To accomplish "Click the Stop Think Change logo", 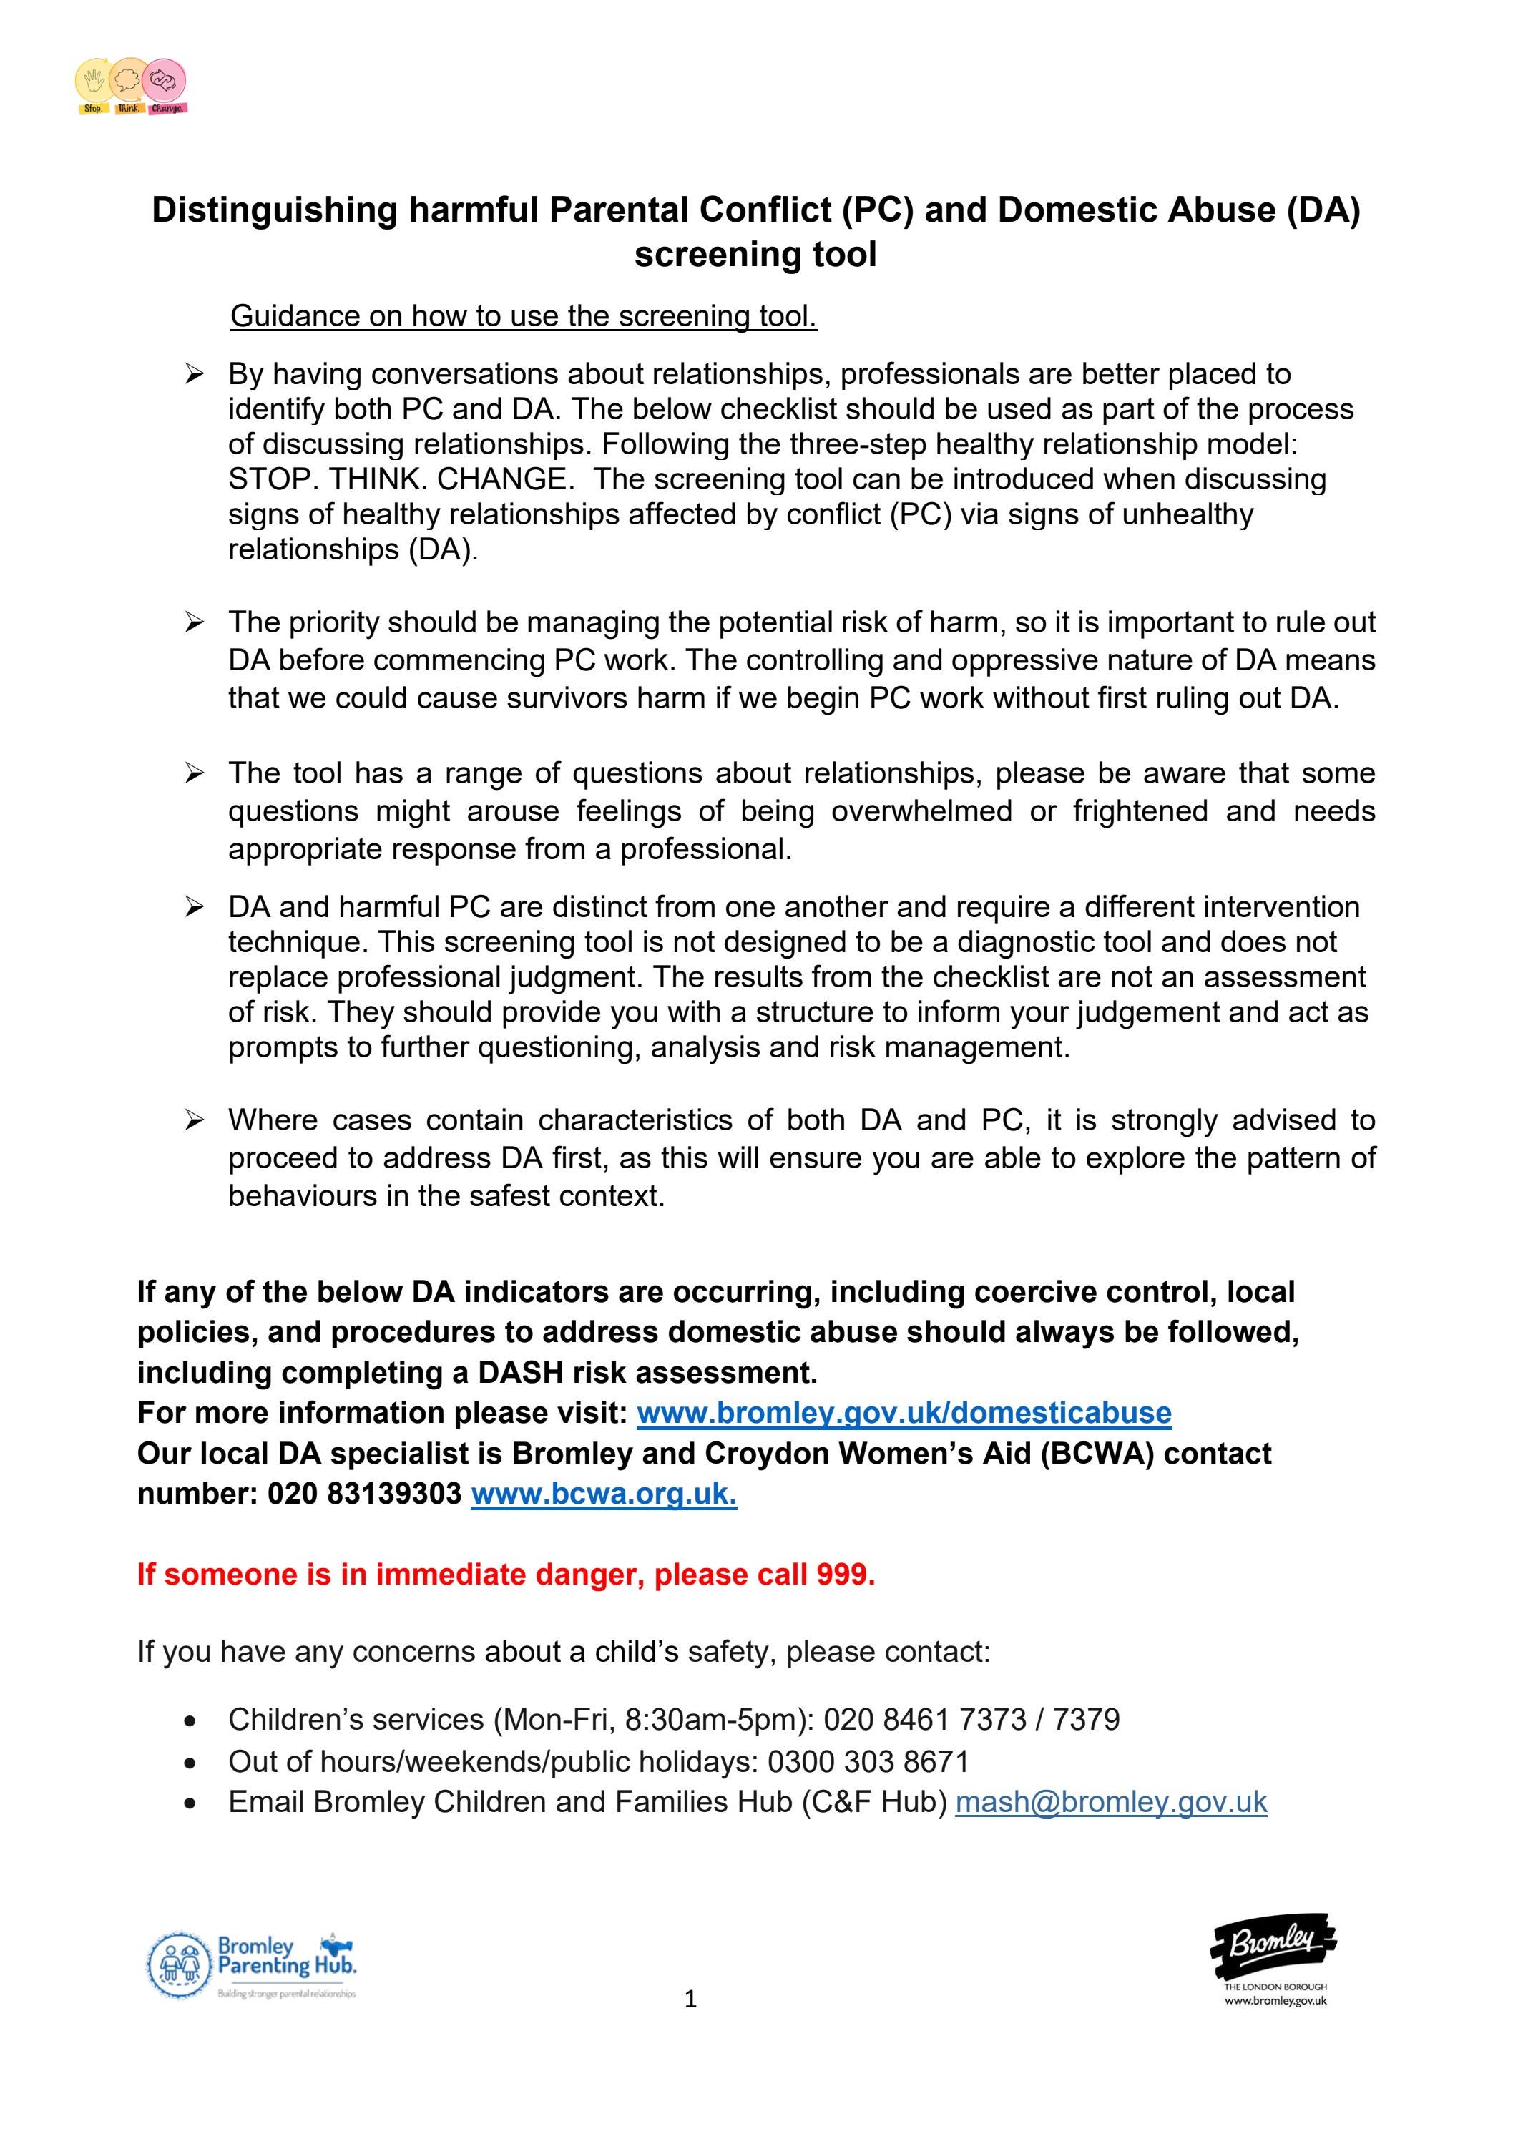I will (132, 87).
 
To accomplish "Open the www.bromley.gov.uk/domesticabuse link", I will (903, 1412).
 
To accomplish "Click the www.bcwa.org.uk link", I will (603, 1494).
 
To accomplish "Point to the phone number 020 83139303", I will (363, 1494).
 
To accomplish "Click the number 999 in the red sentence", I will (843, 1575).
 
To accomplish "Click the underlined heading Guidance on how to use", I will (524, 315).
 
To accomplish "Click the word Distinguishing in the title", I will (275, 210).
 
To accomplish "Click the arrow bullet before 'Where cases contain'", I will (194, 1120).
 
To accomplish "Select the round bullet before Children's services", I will (190, 1720).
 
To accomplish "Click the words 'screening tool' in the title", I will (755, 255).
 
